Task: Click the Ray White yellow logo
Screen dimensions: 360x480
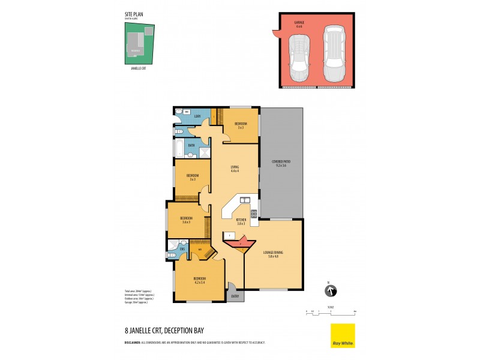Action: pyautogui.click(x=343, y=335)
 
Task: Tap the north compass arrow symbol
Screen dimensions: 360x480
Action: pyautogui.click(x=329, y=291)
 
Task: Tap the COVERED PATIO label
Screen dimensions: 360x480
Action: pyautogui.click(x=281, y=163)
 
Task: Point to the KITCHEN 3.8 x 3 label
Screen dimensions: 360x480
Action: pyautogui.click(x=241, y=221)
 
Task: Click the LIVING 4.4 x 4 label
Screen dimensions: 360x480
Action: pyautogui.click(x=235, y=169)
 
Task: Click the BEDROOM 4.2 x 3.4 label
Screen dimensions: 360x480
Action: pyautogui.click(x=199, y=280)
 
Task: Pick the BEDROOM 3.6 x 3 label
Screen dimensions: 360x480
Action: pyautogui.click(x=187, y=220)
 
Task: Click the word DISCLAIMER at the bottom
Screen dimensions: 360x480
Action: pyautogui.click(x=133, y=342)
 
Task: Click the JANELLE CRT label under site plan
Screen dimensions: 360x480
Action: pyautogui.click(x=139, y=69)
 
